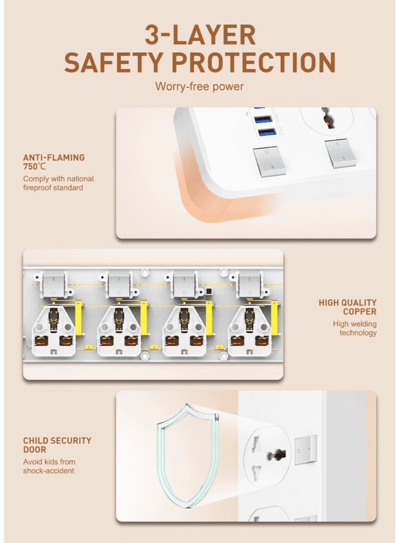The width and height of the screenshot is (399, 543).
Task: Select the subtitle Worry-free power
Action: click(199, 86)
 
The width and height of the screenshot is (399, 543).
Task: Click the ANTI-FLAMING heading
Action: click(54, 158)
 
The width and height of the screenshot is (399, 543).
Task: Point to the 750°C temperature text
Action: click(34, 167)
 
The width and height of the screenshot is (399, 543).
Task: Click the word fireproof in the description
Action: click(37, 188)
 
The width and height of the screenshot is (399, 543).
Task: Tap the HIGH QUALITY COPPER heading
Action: click(348, 307)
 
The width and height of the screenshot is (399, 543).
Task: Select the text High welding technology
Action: click(355, 328)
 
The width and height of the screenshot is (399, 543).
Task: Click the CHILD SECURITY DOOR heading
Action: click(57, 445)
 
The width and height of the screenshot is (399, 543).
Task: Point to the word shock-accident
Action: click(48, 471)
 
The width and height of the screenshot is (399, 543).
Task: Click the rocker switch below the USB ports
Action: click(269, 162)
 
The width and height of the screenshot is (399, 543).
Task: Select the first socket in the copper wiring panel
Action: click(53, 331)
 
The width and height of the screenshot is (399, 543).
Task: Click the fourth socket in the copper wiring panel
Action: click(249, 331)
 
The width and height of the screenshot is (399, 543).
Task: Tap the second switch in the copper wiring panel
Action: click(119, 284)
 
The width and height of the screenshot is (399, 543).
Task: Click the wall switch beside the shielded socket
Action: click(306, 450)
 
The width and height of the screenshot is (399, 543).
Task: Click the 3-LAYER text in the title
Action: click(200, 35)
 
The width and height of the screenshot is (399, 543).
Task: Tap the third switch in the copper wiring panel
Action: click(184, 284)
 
